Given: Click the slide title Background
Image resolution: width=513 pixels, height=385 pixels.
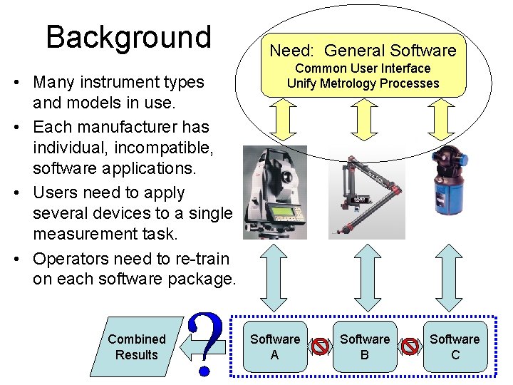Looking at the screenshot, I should point(128,37).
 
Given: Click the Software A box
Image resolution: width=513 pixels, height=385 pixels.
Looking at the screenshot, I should point(275,346).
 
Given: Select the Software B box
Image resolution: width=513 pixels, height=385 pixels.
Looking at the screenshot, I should point(365,346).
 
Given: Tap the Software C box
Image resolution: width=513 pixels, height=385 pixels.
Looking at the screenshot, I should point(455,346).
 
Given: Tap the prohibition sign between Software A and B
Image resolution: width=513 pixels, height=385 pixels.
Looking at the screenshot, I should point(320,347).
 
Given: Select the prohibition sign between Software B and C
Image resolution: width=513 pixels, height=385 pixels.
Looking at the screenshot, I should point(410,347).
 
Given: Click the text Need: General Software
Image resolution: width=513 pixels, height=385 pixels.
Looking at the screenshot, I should point(363,51).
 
